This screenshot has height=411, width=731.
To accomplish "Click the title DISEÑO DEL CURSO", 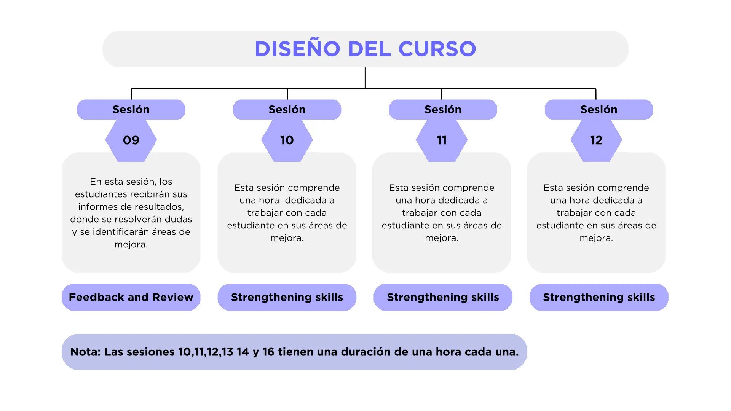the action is pos(365,49).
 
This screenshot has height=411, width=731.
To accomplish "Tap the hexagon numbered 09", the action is pos(131,140).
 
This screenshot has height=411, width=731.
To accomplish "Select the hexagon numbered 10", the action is pos(287,140).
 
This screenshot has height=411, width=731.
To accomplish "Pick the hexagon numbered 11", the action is pos(442,140).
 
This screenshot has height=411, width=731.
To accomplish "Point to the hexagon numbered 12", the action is pos(596,140).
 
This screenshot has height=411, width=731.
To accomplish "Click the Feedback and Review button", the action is pos(131,297).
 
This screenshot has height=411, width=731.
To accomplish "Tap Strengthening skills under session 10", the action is pos(287,297).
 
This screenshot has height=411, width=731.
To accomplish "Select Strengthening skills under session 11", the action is pos(443,297).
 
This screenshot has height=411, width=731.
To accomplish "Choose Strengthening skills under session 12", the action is pos(599,297).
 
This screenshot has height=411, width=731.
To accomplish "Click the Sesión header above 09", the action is pos(131,110).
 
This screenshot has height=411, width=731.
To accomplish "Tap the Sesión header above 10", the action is pos(287,110).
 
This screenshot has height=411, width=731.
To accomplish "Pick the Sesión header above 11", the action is pos(443,110).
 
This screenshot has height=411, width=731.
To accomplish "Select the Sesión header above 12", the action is pos(599,110).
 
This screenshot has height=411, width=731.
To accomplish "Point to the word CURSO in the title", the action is pos(437,49).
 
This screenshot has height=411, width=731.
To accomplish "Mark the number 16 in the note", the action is pos(268,352).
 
